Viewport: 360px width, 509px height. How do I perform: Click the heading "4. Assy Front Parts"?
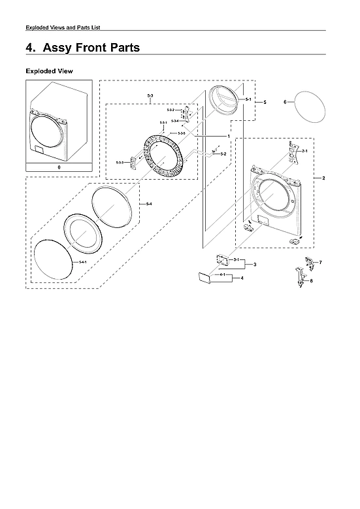(x=82, y=48)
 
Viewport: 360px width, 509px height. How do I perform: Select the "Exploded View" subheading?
(x=49, y=71)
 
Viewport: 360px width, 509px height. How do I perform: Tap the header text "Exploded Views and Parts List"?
(x=62, y=27)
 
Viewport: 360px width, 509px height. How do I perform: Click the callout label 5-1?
(x=248, y=99)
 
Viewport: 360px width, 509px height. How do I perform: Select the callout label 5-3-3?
(x=120, y=161)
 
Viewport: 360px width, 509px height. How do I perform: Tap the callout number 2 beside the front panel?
(x=323, y=178)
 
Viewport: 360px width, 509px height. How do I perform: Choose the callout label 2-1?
(x=304, y=152)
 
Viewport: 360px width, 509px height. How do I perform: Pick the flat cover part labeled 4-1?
(x=202, y=278)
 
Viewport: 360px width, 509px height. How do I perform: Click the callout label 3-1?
(x=235, y=261)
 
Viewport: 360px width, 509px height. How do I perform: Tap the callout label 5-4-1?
(x=82, y=262)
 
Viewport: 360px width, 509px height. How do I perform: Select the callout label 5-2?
(x=223, y=154)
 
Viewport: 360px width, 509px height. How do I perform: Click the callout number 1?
(x=228, y=136)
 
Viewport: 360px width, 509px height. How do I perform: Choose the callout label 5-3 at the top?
(x=150, y=96)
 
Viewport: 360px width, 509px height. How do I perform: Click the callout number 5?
(x=265, y=103)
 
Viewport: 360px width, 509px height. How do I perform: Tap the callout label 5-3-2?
(x=170, y=110)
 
